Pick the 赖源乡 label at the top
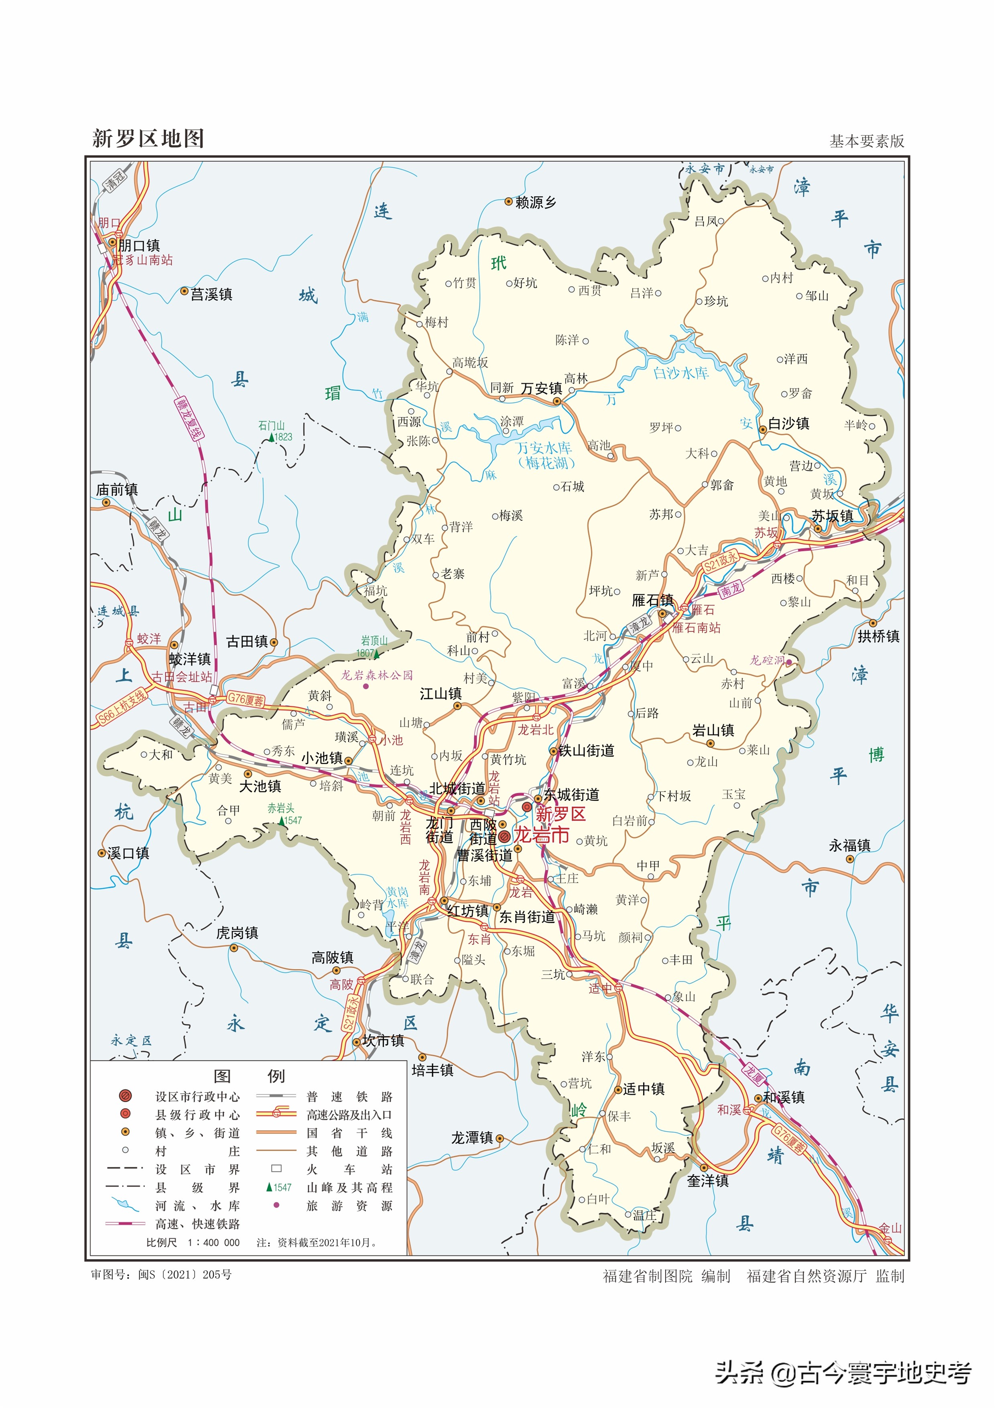click(535, 202)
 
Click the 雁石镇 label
click(652, 600)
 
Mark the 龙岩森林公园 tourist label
click(377, 675)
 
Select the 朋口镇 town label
click(139, 245)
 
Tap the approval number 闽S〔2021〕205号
click(185, 1274)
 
